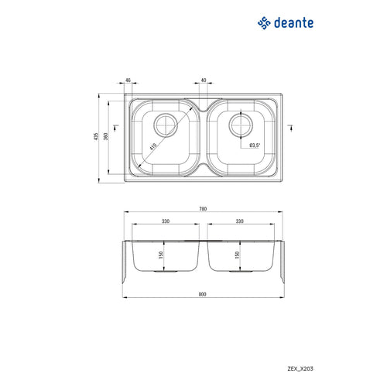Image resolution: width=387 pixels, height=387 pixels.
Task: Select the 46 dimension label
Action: tap(127, 80)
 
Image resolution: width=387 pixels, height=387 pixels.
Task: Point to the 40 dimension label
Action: tap(203, 80)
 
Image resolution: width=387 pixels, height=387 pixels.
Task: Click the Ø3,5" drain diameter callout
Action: tap(255, 145)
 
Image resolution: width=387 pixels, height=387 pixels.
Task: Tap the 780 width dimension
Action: tap(204, 208)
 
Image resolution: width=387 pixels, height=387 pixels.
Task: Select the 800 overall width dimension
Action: tap(204, 293)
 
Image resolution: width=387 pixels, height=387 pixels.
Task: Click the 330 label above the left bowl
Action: tap(165, 221)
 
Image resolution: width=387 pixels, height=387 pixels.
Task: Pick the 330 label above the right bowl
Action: tap(241, 221)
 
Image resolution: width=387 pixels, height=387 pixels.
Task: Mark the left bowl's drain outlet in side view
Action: tap(166, 272)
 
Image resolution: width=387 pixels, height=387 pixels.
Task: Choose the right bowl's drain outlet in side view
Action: tap(241, 272)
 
